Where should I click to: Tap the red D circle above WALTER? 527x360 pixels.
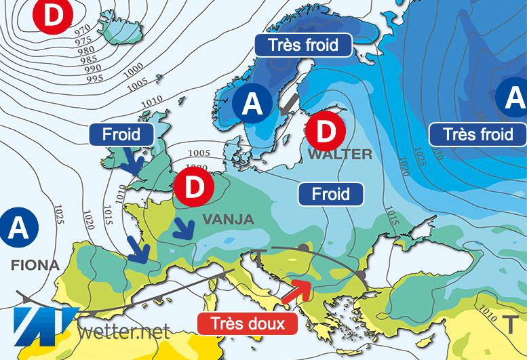click(326, 130)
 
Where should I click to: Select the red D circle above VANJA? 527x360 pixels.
click(194, 188)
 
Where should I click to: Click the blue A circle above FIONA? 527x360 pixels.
click(18, 228)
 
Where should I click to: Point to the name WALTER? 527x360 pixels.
click(340, 155)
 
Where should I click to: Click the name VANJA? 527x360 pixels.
click(227, 219)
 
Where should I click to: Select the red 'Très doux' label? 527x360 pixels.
click(247, 323)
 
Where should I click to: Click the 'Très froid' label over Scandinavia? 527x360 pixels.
click(304, 46)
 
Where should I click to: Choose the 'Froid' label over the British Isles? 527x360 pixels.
click(121, 134)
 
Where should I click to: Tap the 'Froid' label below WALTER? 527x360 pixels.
click(331, 195)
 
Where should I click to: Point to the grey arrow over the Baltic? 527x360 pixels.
click(289, 104)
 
